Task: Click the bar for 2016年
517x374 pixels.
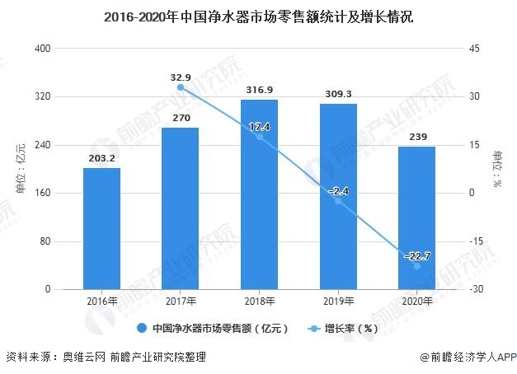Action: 101,229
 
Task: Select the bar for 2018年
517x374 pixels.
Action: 259,194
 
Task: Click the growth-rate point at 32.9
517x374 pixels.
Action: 181,87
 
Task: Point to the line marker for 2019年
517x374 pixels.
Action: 338,201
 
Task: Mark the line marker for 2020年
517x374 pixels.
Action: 416,266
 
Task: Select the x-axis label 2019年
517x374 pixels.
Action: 338,302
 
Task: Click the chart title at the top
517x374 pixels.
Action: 258,15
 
